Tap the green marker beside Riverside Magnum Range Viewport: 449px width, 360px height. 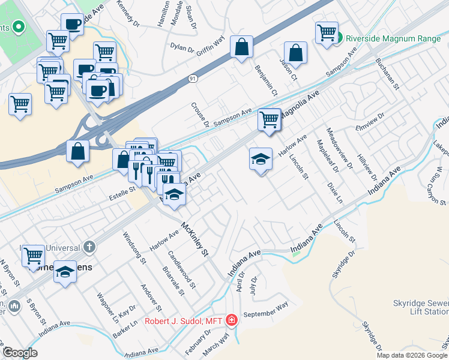pos(339,38)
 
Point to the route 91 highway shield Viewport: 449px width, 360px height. pos(191,78)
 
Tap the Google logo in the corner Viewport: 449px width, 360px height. pos(20,352)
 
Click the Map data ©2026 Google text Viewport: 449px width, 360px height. pos(412,355)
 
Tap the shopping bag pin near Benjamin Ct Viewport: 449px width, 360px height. pos(241,47)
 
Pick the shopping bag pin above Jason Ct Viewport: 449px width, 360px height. pos(295,52)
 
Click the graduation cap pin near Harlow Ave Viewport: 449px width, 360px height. pos(261,159)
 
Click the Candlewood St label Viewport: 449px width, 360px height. pos(182,269)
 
